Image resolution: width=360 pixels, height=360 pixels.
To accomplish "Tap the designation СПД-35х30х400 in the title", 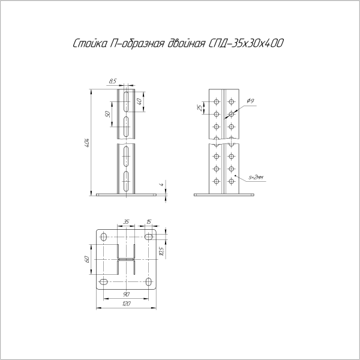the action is click(246, 43).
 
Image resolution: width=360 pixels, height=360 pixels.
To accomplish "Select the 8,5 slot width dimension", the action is click(113, 81).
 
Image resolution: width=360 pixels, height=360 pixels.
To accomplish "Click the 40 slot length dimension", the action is click(139, 101).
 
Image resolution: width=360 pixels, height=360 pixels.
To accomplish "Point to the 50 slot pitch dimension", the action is click(107, 114).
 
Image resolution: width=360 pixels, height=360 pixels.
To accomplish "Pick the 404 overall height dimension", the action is click(87, 143).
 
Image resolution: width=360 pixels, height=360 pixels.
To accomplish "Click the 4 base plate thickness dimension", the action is click(161, 184).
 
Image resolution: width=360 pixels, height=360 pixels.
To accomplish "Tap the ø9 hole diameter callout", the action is click(250, 101).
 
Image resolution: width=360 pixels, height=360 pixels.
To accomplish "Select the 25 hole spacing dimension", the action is click(200, 107).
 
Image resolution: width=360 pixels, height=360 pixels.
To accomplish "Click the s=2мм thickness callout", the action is click(256, 177).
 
